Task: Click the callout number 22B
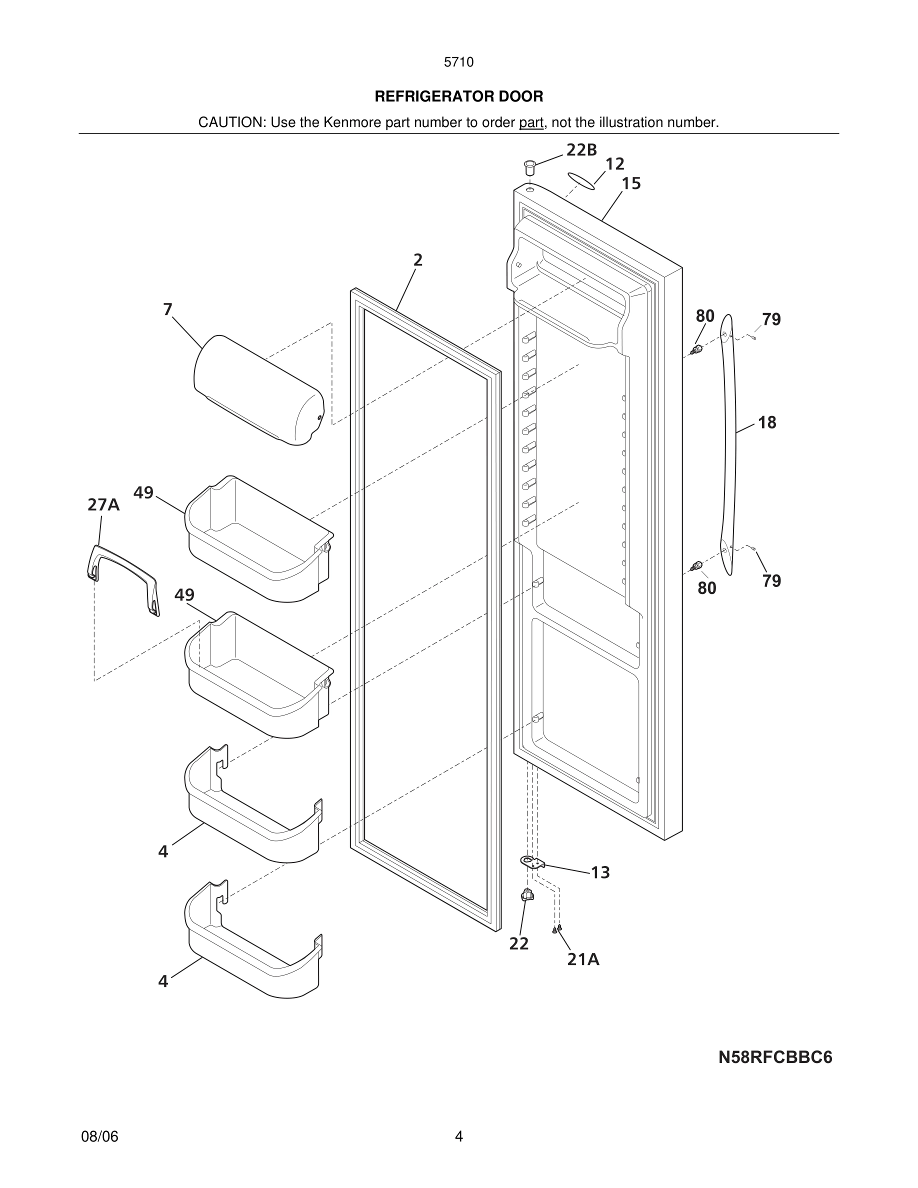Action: [x=581, y=150]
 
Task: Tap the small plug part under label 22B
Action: [x=529, y=165]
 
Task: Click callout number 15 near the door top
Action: [x=631, y=184]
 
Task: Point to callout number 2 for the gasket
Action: [x=417, y=260]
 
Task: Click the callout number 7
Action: [x=167, y=309]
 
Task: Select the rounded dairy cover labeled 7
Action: [x=258, y=390]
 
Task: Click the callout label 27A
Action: [x=103, y=505]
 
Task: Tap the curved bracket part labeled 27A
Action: [x=123, y=578]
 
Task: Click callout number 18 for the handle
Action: [x=767, y=422]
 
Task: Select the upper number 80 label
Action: [x=705, y=316]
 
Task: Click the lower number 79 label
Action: [x=771, y=581]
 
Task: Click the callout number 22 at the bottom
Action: [x=519, y=944]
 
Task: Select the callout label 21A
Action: [x=583, y=959]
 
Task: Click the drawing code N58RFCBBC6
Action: [x=775, y=1057]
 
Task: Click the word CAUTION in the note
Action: [x=231, y=122]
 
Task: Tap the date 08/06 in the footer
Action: [x=99, y=1136]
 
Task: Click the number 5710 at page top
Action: [x=458, y=62]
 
